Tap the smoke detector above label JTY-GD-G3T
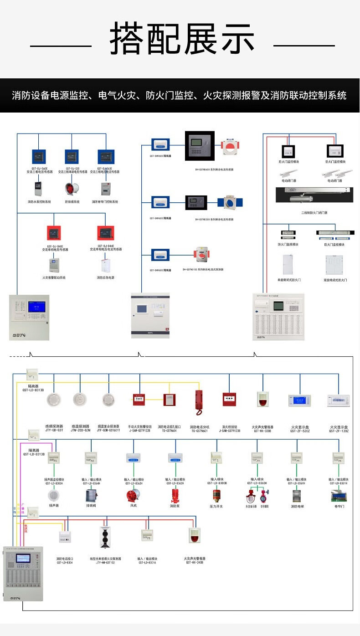tap(54, 400)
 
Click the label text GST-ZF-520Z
tap(299, 431)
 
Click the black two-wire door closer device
tap(315, 195)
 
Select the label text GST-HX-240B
tap(195, 562)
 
